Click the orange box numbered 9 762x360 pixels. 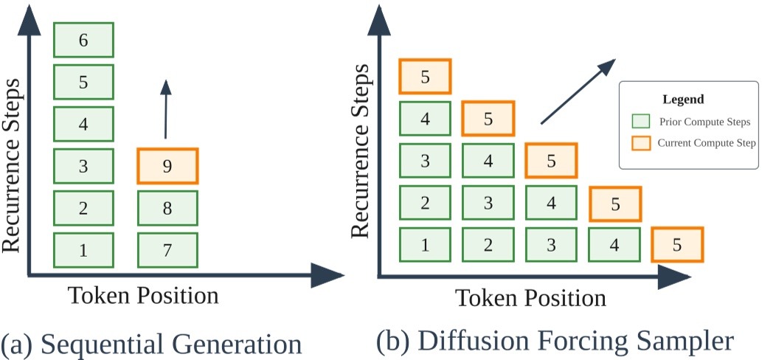167,166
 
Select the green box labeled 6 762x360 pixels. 83,40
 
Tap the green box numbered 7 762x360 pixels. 167,250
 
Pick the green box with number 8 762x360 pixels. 167,208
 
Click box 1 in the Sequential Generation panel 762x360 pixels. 83,250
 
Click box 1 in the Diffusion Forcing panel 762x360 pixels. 424,245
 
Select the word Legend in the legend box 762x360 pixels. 683,99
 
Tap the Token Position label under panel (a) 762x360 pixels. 143,295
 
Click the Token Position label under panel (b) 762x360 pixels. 530,298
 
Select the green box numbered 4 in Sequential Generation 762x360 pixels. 83,124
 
